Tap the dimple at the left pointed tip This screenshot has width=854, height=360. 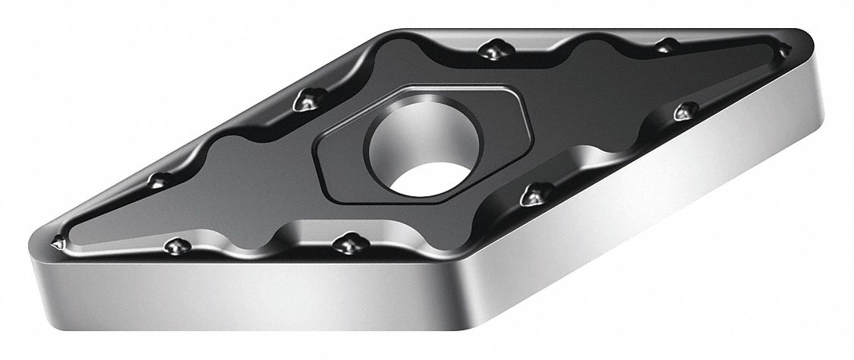(57, 245)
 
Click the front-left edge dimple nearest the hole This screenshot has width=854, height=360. (348, 243)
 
